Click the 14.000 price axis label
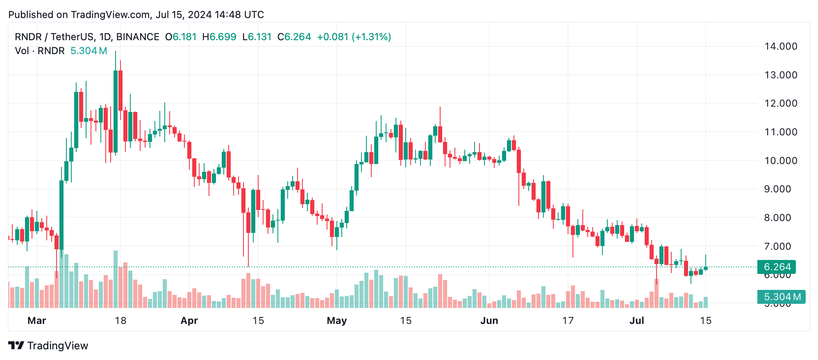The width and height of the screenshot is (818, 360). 780,46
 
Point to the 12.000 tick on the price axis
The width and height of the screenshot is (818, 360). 780,103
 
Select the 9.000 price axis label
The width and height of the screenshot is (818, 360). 780,189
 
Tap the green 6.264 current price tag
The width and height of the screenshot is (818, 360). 777,267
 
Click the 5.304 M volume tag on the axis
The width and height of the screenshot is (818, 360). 782,296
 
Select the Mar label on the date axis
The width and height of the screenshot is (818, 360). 36,321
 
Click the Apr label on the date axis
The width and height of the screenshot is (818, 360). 189,321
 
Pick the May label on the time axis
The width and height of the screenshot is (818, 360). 336,321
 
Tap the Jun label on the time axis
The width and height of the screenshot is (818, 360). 489,321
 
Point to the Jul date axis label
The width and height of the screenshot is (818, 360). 636,321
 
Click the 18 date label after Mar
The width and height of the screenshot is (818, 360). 120,321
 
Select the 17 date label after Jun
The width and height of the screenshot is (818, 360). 568,321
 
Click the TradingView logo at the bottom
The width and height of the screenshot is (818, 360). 48,346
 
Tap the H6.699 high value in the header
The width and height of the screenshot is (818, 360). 219,37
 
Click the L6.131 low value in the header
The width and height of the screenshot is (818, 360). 257,37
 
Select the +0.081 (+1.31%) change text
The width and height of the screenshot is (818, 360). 354,37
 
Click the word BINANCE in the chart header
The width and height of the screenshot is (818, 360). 138,37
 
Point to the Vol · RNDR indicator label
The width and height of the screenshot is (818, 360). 40,51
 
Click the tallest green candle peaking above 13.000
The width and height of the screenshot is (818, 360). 116,111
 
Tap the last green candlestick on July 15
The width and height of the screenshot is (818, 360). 706,268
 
